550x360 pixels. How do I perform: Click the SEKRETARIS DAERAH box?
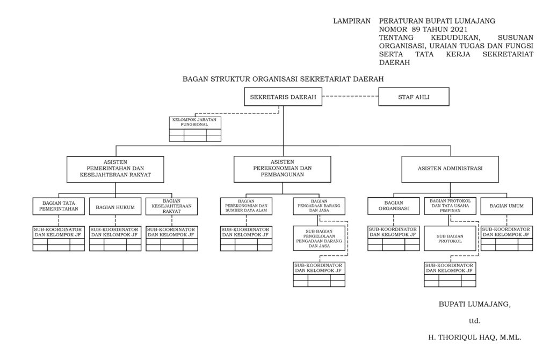[x=283, y=98]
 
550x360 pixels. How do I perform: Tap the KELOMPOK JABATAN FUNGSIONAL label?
[x=194, y=122]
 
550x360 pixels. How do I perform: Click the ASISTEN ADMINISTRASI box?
[x=450, y=169]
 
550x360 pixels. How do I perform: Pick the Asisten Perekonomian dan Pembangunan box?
[x=283, y=169]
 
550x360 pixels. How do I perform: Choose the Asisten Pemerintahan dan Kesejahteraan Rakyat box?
[x=115, y=169]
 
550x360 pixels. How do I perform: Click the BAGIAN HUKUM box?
[x=115, y=206]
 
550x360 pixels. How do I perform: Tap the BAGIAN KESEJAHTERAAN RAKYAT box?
[x=172, y=206]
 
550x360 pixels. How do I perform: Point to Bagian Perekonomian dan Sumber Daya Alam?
[x=246, y=206]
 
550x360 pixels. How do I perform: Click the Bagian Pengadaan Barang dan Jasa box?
[x=320, y=206]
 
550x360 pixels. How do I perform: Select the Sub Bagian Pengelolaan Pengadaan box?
[x=320, y=238]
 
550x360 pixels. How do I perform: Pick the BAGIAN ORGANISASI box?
[x=394, y=206]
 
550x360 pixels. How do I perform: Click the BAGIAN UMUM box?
[x=506, y=206]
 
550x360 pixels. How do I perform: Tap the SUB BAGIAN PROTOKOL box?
[x=450, y=238]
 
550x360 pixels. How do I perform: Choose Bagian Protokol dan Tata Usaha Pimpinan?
[x=450, y=206]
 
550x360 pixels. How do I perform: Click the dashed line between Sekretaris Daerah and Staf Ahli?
[x=351, y=97]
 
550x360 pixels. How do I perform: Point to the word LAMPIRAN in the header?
[x=352, y=21]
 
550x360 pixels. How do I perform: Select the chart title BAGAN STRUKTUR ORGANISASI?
[x=283, y=79]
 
